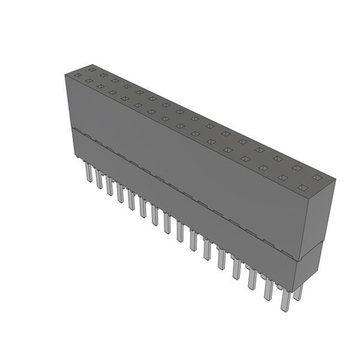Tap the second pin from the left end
pos(99,179)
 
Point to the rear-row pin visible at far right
pos(298,292)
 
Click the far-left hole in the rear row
pos(78,75)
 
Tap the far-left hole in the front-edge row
pos(88,80)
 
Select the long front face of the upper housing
pos(180,162)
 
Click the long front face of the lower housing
pos(180,213)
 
